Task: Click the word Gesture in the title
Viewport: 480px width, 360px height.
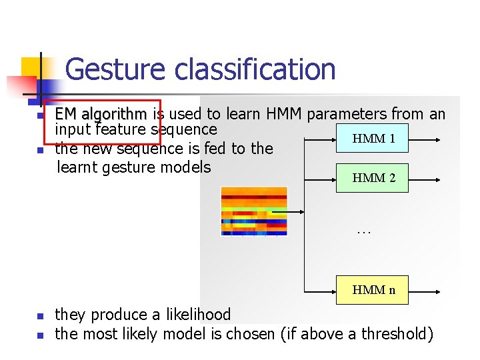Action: click(x=115, y=69)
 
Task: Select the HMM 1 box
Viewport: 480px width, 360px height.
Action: click(x=373, y=139)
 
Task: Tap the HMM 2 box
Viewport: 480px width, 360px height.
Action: click(x=373, y=178)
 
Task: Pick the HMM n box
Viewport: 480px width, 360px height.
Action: click(x=373, y=289)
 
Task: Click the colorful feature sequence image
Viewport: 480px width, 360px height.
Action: click(x=254, y=211)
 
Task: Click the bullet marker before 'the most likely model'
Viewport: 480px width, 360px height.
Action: click(x=40, y=335)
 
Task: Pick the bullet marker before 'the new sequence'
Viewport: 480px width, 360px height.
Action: click(x=40, y=150)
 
